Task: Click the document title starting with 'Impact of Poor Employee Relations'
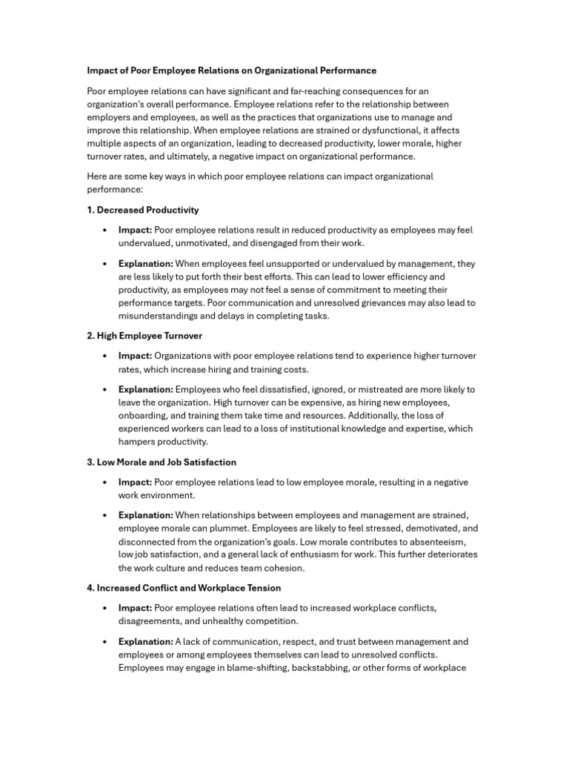pos(231,70)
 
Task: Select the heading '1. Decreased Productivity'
pos(143,210)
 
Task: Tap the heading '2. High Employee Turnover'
pos(144,336)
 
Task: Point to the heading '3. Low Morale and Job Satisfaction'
pos(162,462)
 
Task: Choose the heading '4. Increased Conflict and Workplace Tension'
pos(184,588)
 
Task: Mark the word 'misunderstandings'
pos(159,316)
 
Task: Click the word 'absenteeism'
pos(437,542)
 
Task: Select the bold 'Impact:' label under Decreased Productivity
pos(135,231)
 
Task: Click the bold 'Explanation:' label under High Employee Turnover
pos(146,389)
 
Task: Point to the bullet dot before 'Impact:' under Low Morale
pos(107,483)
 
